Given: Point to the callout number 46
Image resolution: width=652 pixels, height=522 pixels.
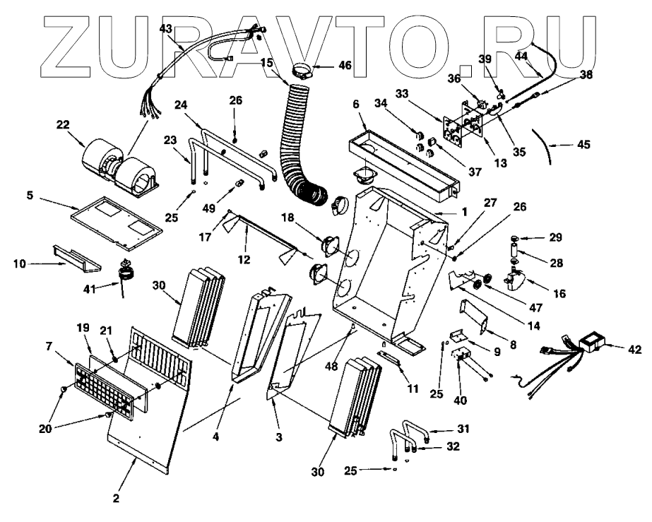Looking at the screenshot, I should (x=344, y=64).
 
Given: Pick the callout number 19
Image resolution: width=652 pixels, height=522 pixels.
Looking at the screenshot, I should (x=83, y=328).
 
